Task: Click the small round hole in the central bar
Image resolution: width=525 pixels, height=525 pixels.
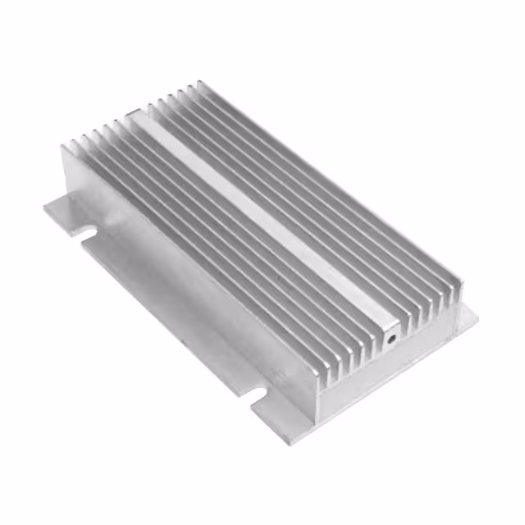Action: (x=391, y=336)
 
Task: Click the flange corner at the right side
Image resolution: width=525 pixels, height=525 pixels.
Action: (x=468, y=315)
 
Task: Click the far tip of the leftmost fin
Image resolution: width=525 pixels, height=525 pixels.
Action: (x=66, y=148)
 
